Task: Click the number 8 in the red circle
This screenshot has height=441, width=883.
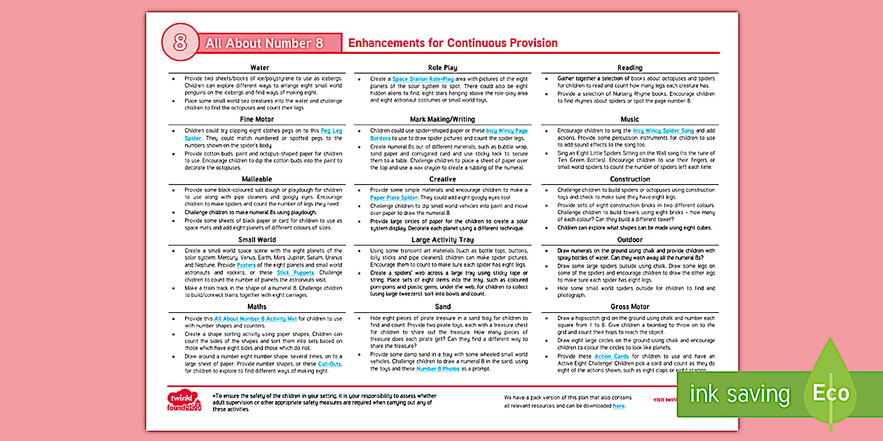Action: (x=180, y=43)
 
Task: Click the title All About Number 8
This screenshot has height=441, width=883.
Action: (x=264, y=43)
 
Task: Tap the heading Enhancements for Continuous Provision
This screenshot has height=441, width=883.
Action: (x=453, y=43)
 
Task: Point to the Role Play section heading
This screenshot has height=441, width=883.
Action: (x=443, y=68)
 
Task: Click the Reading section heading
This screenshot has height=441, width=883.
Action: (x=630, y=68)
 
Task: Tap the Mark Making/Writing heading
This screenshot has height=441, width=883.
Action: (x=443, y=120)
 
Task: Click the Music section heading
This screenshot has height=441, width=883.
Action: (x=630, y=120)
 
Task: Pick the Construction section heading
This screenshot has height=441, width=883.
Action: (x=630, y=179)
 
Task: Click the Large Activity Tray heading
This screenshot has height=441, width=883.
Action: (x=443, y=240)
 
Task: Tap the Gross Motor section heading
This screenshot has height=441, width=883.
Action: (x=630, y=307)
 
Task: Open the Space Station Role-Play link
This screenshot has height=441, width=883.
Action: (x=423, y=79)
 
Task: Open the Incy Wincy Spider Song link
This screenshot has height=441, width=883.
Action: (x=663, y=131)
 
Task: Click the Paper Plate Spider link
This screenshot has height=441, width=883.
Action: (x=394, y=198)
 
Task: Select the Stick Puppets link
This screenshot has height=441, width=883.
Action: (x=292, y=272)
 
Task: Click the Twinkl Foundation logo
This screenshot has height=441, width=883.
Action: (x=184, y=402)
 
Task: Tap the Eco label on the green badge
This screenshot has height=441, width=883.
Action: (x=831, y=393)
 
